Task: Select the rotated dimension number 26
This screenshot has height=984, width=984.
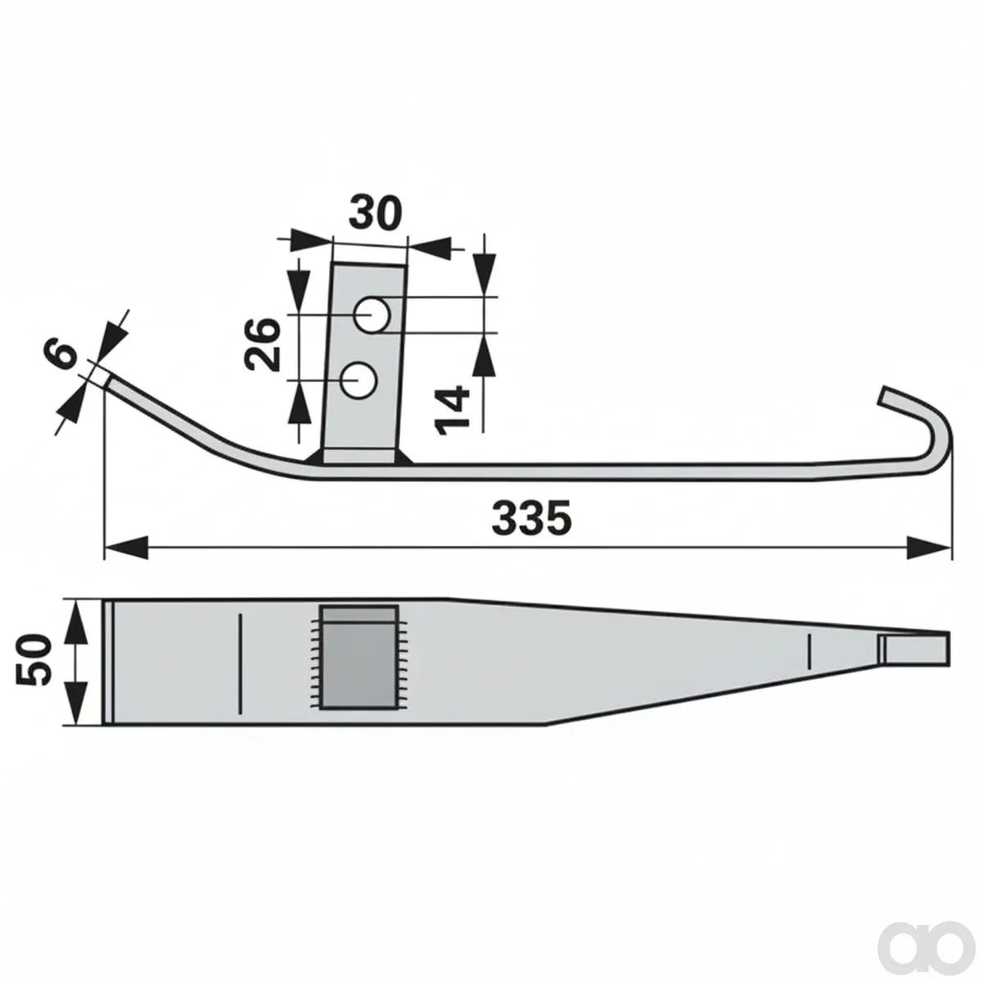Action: (x=263, y=344)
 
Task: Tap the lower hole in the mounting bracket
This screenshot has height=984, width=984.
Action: (x=358, y=380)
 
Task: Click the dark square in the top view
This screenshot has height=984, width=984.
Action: (x=358, y=658)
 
